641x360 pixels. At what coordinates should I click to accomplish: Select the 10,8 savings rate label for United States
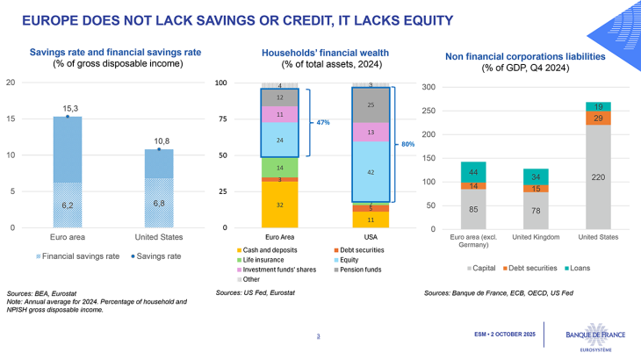(x=158, y=140)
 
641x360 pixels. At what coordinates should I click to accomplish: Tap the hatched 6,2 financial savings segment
(x=68, y=205)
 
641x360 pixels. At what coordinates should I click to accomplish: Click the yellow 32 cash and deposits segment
(x=278, y=204)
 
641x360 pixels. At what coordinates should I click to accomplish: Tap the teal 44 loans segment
(x=474, y=172)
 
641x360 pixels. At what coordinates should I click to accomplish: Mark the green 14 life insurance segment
(x=278, y=167)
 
